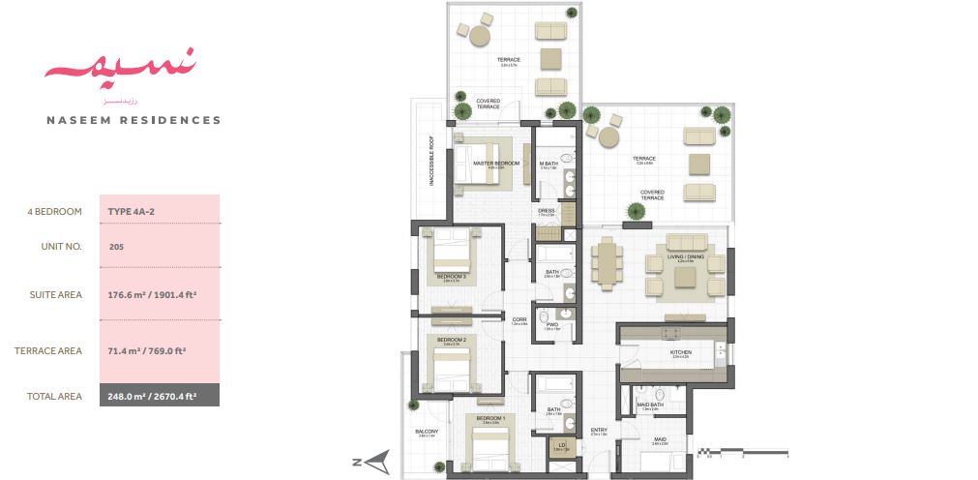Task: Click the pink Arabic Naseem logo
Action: coord(120,70)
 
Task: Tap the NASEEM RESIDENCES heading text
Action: coord(133,121)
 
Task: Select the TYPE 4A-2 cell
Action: coord(133,211)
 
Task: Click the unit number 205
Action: coord(117,247)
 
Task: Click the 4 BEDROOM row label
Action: coord(54,211)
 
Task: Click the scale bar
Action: coord(744,451)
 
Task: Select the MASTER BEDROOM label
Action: coord(496,164)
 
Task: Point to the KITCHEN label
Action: coord(680,352)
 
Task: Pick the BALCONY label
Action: coord(427,432)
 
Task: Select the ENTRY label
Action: coord(599,431)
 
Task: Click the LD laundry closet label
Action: coord(561,444)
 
